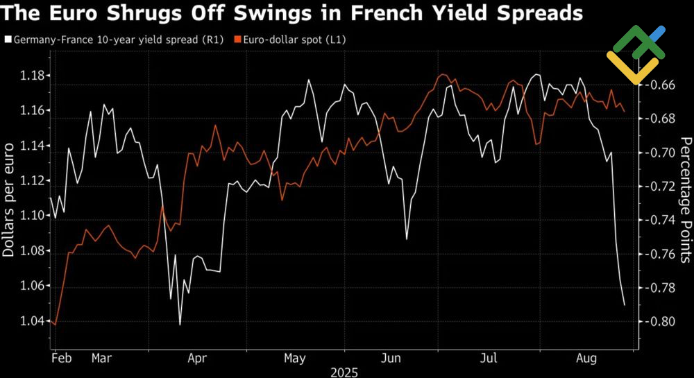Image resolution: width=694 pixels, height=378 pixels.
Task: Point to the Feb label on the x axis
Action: (62, 359)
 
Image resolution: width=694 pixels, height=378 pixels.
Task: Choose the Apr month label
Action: (198, 359)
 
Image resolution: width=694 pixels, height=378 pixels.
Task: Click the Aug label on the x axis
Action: (586, 359)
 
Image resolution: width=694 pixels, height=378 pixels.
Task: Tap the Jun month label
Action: (391, 359)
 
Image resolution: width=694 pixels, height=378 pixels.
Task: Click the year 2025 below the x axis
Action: (344, 372)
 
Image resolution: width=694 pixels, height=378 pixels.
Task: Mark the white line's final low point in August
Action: (624, 304)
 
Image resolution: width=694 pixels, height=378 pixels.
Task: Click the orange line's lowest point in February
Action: (55, 324)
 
